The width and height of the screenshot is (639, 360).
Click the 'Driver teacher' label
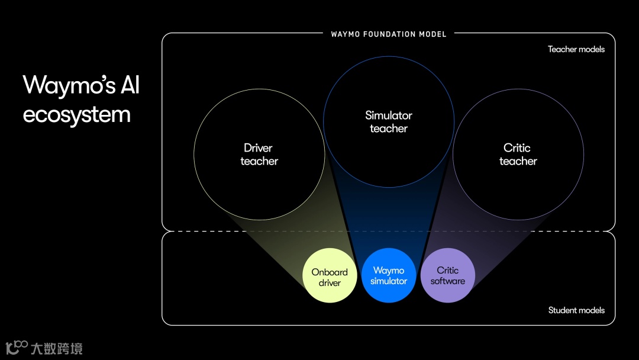pyautogui.click(x=259, y=154)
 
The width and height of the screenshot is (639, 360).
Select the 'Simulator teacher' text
pyautogui.click(x=388, y=121)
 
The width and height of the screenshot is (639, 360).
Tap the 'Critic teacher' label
pyautogui.click(x=517, y=154)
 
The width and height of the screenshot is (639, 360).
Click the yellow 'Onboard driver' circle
pyautogui.click(x=330, y=276)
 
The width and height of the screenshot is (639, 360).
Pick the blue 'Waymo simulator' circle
pyautogui.click(x=389, y=275)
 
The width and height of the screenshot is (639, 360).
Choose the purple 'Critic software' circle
pyautogui.click(x=447, y=275)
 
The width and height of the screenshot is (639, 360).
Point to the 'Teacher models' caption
pyautogui.click(x=576, y=49)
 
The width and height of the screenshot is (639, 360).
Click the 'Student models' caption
pyautogui.click(x=576, y=310)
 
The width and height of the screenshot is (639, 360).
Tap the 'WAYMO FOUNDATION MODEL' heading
pyautogui.click(x=389, y=34)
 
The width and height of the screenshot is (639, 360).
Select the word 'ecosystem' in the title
pyautogui.click(x=76, y=114)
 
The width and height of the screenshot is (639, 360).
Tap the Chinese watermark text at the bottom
pyautogui.click(x=57, y=348)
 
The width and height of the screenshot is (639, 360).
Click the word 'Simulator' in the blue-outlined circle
pyautogui.click(x=388, y=115)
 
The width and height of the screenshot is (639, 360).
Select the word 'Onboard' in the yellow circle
pyautogui.click(x=330, y=272)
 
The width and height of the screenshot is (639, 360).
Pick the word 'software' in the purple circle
pyautogui.click(x=447, y=281)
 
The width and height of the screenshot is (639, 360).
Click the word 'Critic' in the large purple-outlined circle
pyautogui.click(x=517, y=147)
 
